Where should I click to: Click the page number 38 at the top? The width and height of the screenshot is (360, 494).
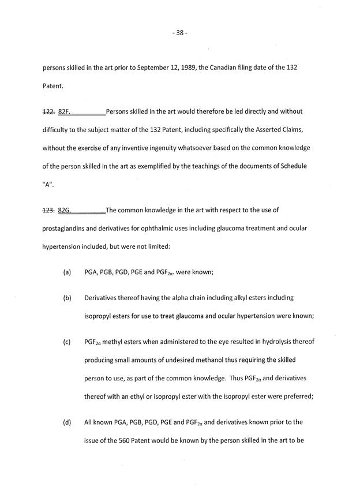(179, 33)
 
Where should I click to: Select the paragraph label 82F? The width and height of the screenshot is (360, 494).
(63, 111)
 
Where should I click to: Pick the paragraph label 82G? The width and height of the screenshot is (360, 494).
(64, 210)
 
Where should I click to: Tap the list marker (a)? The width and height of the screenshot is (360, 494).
(67, 272)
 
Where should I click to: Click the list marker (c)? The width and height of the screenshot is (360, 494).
(67, 342)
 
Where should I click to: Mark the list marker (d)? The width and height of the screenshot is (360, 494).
(67, 422)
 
